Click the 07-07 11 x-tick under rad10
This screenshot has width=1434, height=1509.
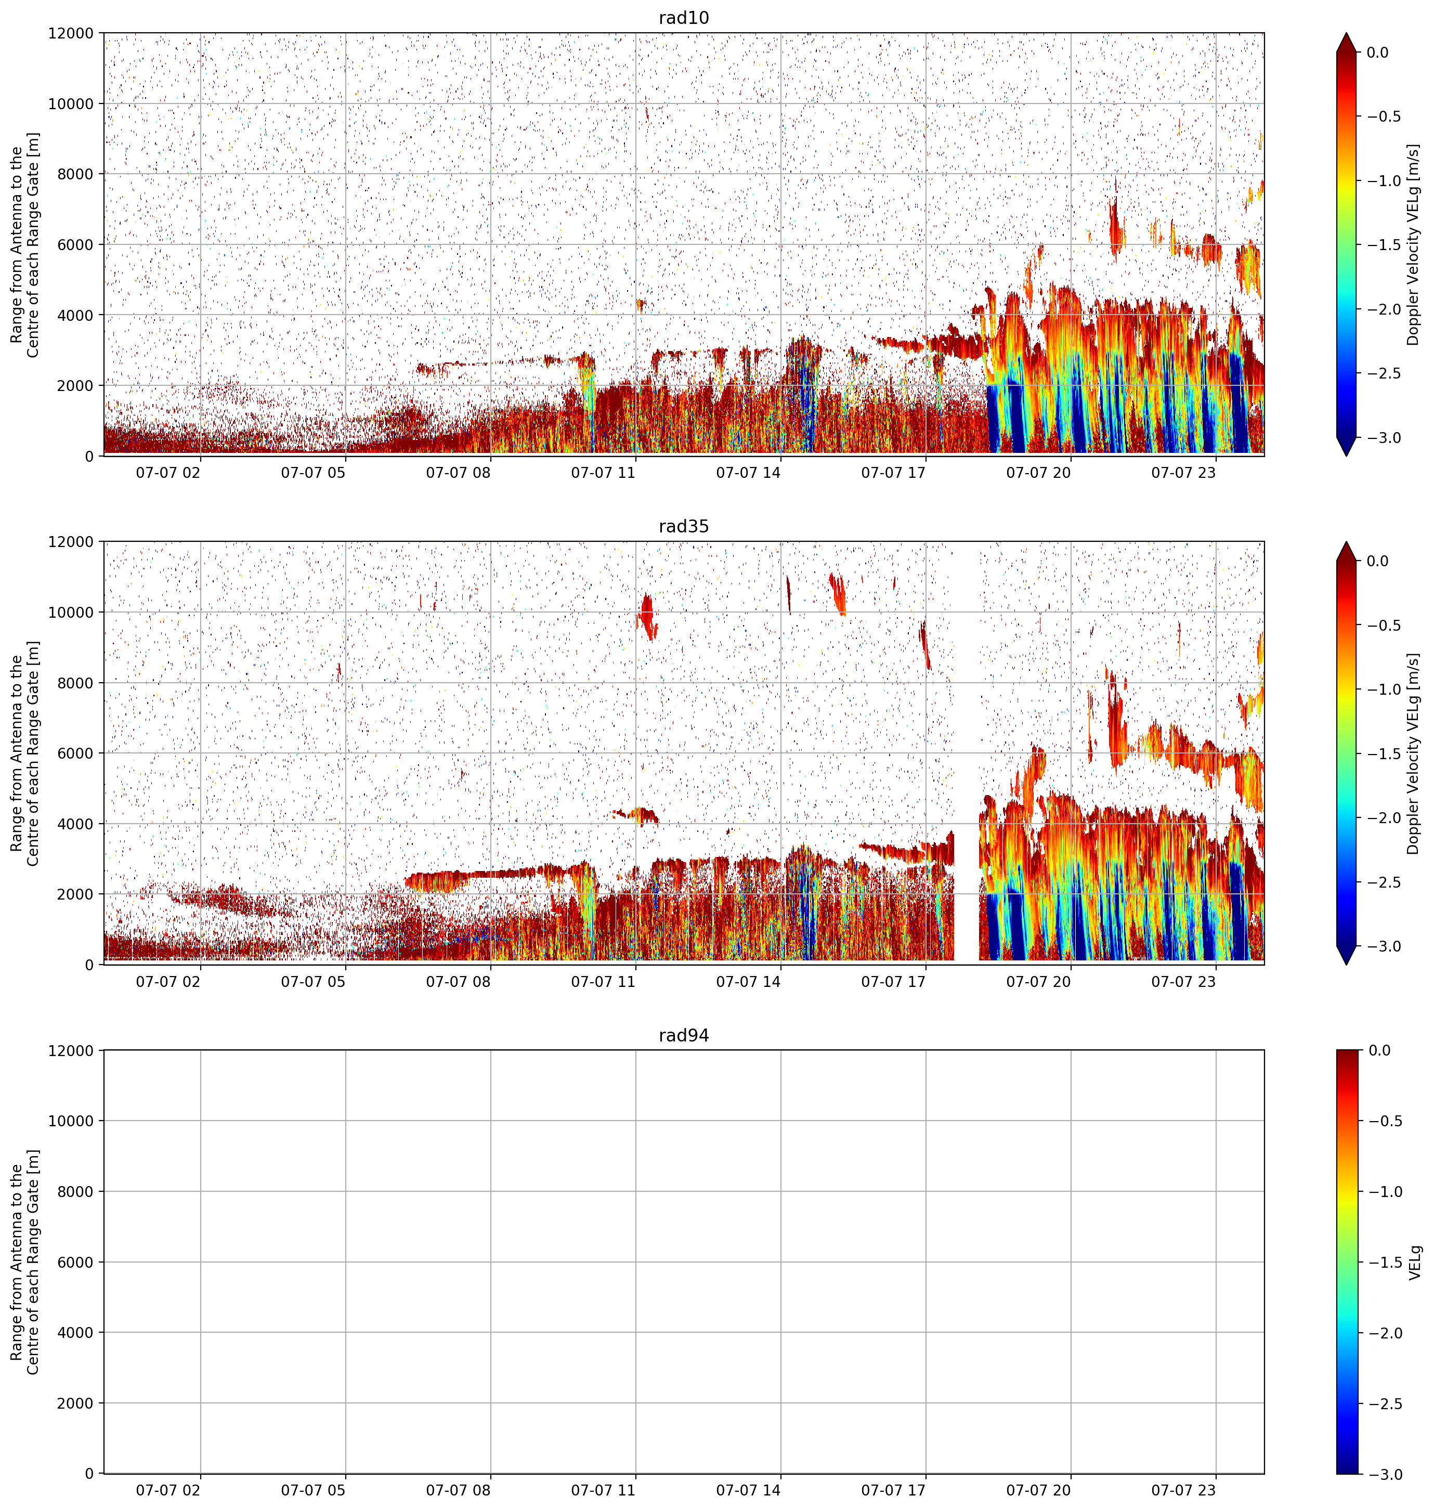(x=603, y=473)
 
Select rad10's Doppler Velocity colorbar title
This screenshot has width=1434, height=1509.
(x=1413, y=244)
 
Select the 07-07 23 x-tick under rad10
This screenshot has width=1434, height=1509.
(x=1183, y=473)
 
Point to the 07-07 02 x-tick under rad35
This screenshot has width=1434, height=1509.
(x=168, y=982)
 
